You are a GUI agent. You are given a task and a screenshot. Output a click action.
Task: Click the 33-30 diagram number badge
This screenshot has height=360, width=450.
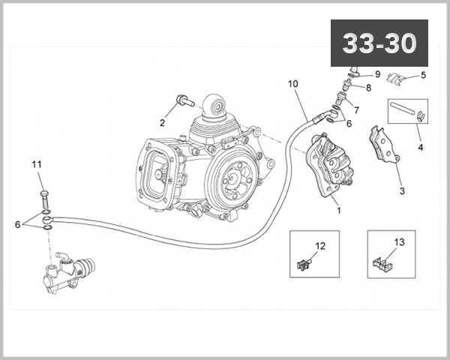coord(379,43)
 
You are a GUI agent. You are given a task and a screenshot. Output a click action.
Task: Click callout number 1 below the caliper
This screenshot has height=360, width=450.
coord(338,211)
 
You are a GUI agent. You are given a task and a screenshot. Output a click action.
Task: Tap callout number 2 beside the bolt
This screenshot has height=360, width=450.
coord(162,122)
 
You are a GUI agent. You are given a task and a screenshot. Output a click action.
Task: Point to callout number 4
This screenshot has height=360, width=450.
coord(421,148)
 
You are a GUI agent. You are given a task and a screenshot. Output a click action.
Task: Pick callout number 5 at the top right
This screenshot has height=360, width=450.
coord(423,75)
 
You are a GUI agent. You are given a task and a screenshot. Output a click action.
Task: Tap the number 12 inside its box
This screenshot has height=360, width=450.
coord(320,245)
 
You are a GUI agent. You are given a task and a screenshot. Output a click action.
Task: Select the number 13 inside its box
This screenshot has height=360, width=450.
coord(398,241)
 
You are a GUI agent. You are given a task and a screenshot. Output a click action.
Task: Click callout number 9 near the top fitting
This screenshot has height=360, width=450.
coord(378,74)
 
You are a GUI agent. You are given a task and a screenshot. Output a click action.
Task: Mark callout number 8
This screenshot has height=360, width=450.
coord(367,88)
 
